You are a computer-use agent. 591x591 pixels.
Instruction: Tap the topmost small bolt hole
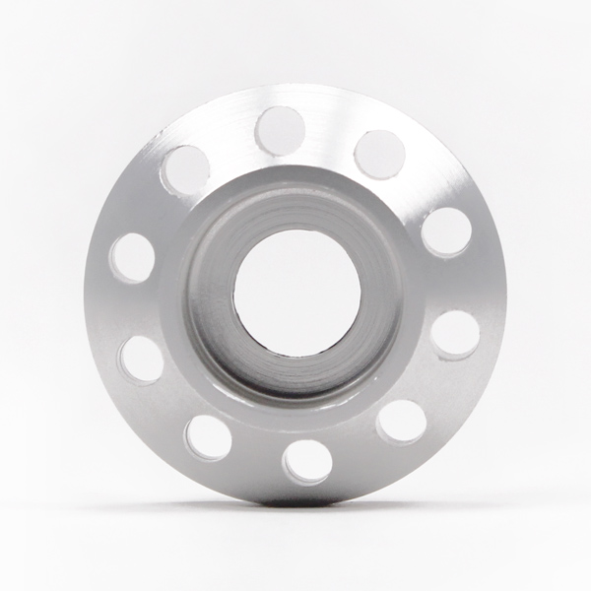click(x=281, y=130)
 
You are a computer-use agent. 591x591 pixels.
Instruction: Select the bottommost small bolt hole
click(x=307, y=461)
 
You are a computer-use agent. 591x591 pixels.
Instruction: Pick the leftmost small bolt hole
click(x=132, y=258)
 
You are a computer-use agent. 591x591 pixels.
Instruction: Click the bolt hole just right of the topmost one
click(x=379, y=154)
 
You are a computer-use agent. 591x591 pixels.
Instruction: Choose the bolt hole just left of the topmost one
click(x=185, y=169)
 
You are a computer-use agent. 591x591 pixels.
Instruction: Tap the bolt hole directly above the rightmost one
click(x=446, y=231)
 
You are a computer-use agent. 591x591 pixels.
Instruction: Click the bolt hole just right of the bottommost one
click(x=402, y=422)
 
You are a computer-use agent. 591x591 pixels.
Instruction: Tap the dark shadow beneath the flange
click(x=295, y=504)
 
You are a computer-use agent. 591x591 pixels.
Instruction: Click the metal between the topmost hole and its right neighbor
click(x=330, y=138)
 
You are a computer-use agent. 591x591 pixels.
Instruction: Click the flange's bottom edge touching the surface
click(x=295, y=497)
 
